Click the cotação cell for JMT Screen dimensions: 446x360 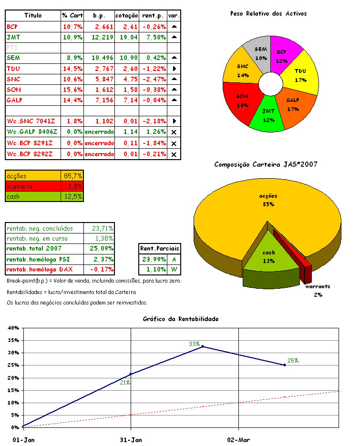[x=126, y=37]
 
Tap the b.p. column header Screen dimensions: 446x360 [x=99, y=16]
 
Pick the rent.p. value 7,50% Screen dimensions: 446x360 [x=153, y=37]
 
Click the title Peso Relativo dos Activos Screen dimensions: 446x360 [x=268, y=13]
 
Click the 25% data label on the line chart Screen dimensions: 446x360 [x=293, y=360]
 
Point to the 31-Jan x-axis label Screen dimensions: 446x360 [x=131, y=440]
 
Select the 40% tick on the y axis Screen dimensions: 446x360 [x=13, y=328]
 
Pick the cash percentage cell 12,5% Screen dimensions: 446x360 [x=72, y=196]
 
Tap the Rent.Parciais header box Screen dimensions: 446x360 [x=160, y=249]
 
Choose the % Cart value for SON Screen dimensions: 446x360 [x=72, y=90]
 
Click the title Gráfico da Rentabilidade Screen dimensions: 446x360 [x=181, y=319]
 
